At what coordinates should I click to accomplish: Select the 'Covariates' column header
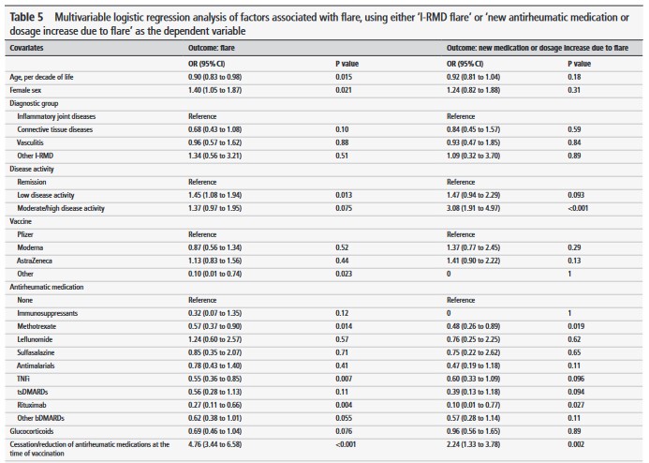tap(30, 46)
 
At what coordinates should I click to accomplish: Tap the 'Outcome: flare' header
tap(216, 46)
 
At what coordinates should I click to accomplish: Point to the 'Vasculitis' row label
tap(37, 141)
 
